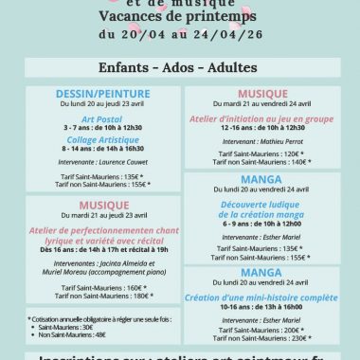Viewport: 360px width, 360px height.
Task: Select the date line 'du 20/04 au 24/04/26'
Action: click(179, 36)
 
